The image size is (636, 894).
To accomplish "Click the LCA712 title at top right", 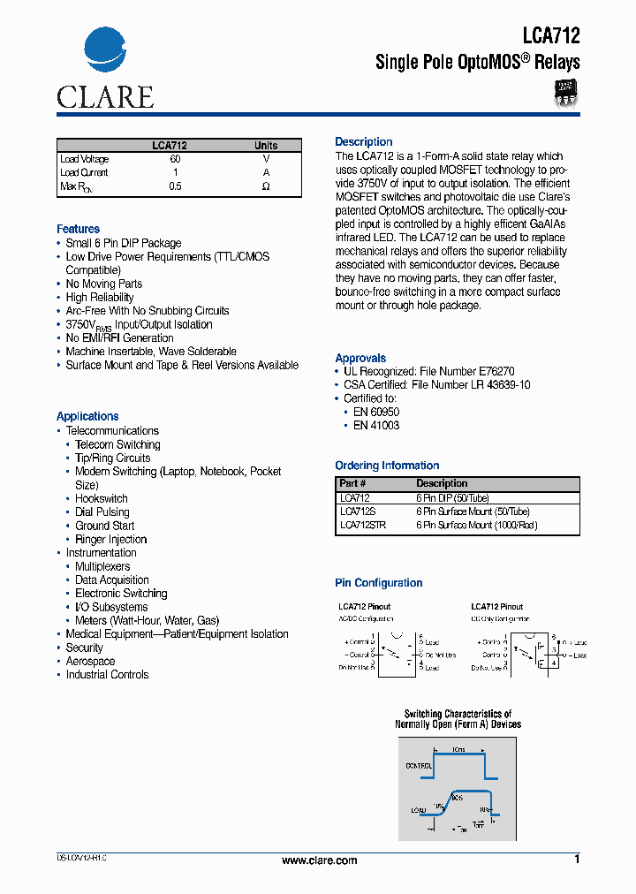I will [x=551, y=36].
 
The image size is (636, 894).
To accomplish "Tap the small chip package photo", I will [x=565, y=93].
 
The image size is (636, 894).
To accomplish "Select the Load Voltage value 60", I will [x=175, y=159].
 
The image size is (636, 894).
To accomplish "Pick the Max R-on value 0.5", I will [x=175, y=186].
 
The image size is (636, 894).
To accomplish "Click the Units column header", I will [x=266, y=146].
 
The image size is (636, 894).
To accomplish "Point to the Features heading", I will [x=78, y=229].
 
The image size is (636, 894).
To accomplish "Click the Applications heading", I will [x=87, y=416].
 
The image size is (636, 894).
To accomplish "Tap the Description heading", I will [x=363, y=141].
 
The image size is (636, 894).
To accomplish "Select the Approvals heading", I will [x=360, y=358].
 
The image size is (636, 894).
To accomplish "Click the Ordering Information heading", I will [x=387, y=466].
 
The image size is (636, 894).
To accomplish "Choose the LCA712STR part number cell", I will [x=363, y=525].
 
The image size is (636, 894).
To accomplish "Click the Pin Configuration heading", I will [x=378, y=583].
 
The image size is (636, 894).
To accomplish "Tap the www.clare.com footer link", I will [x=319, y=860].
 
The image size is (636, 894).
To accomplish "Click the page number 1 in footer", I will [x=577, y=860].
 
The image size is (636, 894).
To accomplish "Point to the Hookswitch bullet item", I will [x=102, y=499].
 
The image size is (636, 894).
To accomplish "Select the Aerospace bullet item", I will [x=90, y=662].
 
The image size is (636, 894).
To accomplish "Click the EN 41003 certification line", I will [x=376, y=425].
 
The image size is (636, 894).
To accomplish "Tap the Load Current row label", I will [x=84, y=173].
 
